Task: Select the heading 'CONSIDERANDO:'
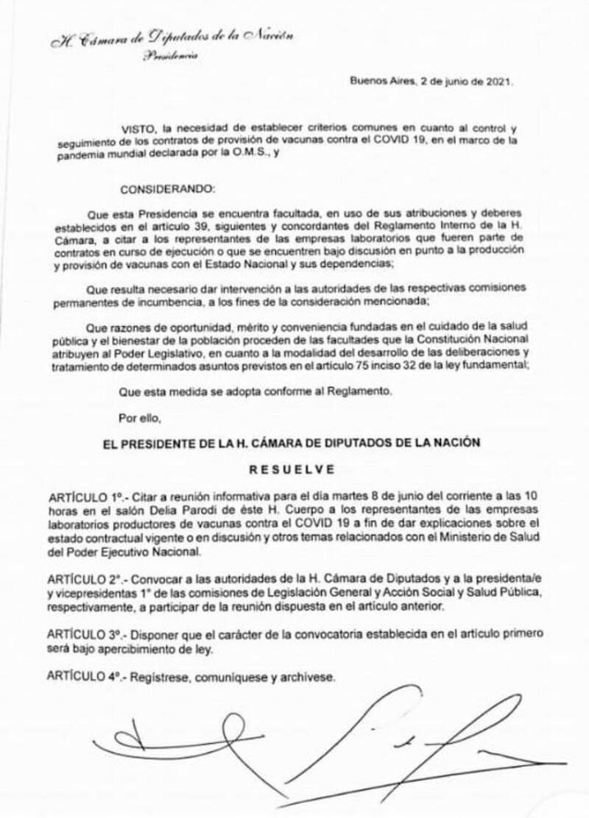166,189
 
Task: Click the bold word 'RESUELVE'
294,468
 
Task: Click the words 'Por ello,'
138,419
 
